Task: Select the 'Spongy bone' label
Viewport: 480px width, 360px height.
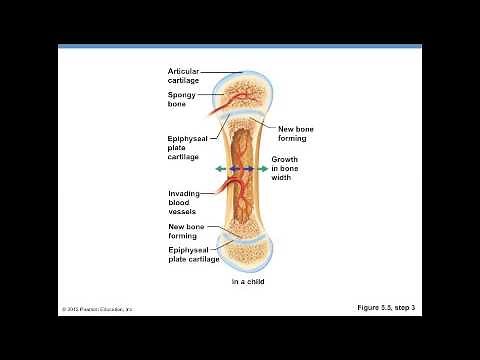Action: (x=182, y=99)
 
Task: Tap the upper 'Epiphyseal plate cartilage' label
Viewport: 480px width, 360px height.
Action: (x=185, y=147)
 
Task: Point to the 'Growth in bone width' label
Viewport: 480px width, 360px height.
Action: (x=287, y=169)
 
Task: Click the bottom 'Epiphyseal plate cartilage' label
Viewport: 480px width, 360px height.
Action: (x=194, y=254)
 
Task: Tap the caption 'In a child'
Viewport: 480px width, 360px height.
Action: (x=249, y=282)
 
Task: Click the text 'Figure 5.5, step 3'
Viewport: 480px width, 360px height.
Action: (x=386, y=308)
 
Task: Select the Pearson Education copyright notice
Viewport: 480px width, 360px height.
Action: (x=97, y=309)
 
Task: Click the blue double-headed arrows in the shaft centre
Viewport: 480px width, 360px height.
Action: (x=241, y=170)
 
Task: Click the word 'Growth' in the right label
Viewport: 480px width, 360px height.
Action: (x=285, y=160)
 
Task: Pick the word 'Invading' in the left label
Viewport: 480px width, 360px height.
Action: (x=183, y=193)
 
